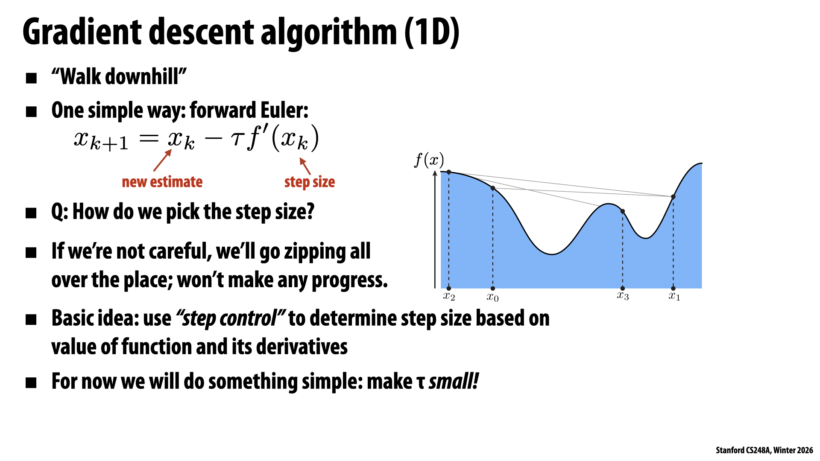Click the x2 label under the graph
449,296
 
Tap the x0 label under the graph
492,297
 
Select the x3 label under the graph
623,295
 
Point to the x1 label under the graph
674,296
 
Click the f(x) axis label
429,160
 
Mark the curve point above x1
673,197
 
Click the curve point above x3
623,211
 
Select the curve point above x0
492,188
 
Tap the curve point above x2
449,172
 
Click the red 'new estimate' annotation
162,182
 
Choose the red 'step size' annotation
310,182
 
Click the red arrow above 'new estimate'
162,160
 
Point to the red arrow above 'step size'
305,166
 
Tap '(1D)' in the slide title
432,32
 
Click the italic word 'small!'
454,381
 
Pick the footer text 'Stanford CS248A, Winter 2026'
764,450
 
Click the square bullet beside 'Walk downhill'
31,78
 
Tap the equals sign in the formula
149,139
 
